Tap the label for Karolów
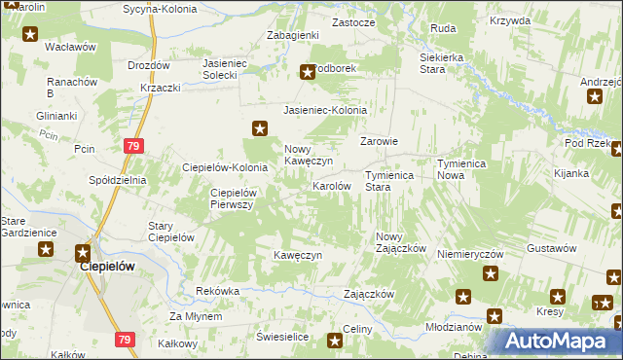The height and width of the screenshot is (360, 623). [x=331, y=185]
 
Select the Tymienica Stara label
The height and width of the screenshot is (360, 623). [x=390, y=181]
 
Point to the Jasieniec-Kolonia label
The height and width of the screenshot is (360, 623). [x=325, y=111]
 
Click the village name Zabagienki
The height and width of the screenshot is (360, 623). [x=293, y=35]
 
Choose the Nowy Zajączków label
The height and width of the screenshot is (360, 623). [x=401, y=242]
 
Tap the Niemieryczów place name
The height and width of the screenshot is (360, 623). [x=469, y=253]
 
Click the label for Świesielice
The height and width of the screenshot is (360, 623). [x=282, y=336]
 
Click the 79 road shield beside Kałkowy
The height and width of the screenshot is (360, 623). [x=123, y=340]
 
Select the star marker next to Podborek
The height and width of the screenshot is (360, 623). [x=308, y=71]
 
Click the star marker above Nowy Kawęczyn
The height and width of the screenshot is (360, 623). [x=260, y=127]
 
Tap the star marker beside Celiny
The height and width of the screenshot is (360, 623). [x=335, y=340]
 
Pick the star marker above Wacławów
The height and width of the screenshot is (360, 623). [x=30, y=35]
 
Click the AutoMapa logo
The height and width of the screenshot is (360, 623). [x=555, y=342]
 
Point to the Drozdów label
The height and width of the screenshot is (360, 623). [x=149, y=66]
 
